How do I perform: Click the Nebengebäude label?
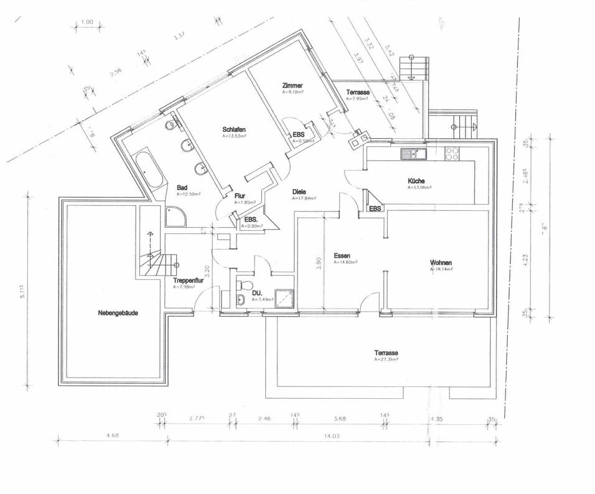point(118,313)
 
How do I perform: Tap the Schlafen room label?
point(233,129)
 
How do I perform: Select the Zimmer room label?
point(292,86)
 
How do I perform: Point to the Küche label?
point(416,180)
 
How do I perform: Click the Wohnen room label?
point(440,263)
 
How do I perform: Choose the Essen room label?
point(342,256)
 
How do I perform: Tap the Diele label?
point(299,192)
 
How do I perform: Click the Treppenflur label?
point(189,281)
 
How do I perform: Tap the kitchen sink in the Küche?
point(413,152)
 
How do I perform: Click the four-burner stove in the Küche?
point(452,152)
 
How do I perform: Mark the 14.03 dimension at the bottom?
point(332,436)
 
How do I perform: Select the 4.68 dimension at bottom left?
point(113,436)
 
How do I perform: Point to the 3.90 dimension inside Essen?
point(318,264)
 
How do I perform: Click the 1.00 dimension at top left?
point(87,22)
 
